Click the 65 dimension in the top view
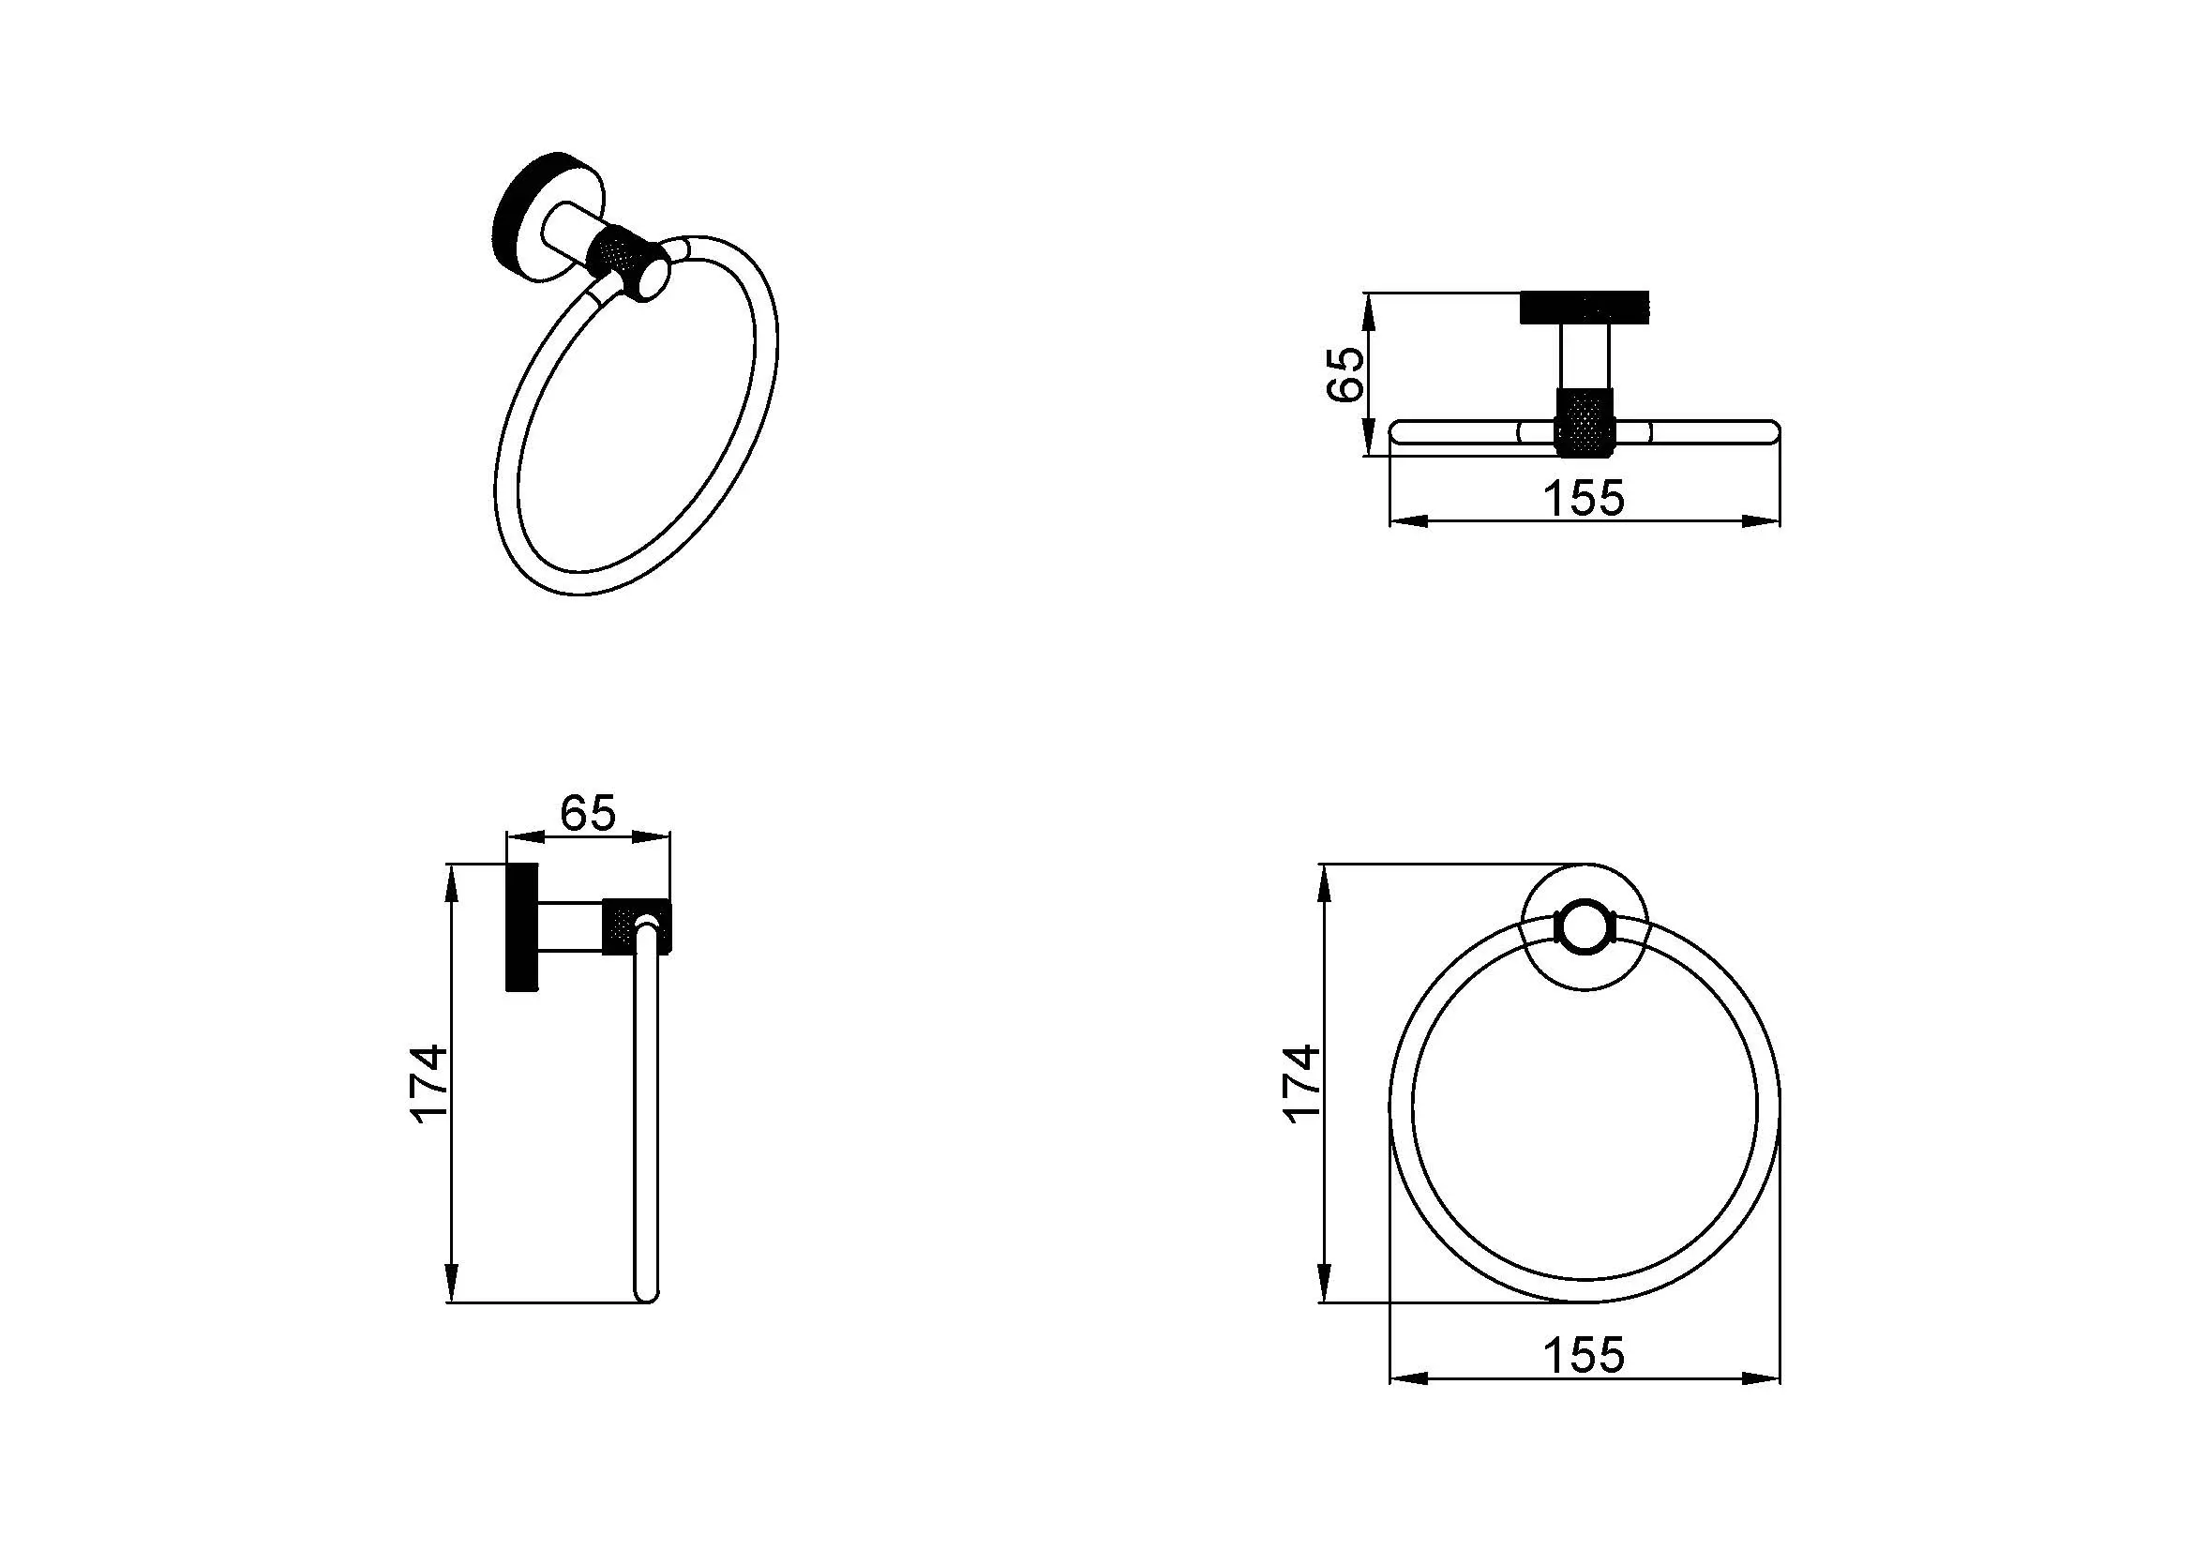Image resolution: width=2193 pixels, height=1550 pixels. click(1345, 373)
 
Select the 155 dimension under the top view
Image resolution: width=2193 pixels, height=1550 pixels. click(1584, 499)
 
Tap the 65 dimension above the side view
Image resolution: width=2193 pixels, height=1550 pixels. click(589, 814)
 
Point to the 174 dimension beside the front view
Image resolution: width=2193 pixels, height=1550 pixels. click(1302, 1083)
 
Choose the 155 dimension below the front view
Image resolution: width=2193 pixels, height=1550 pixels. click(1584, 1355)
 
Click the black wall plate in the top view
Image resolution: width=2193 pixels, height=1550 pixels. click(1585, 308)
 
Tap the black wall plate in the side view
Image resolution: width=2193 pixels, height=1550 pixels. click(521, 927)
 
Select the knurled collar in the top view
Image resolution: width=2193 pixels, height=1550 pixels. click(1585, 420)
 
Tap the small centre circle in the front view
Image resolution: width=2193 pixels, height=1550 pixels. click(1585, 926)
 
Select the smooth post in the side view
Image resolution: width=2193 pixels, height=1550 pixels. click(570, 925)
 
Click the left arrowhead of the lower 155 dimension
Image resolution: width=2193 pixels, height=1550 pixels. click(1408, 1378)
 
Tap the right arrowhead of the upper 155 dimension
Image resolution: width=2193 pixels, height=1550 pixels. click(1761, 521)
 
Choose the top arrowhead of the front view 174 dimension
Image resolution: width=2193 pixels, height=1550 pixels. click(1324, 883)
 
